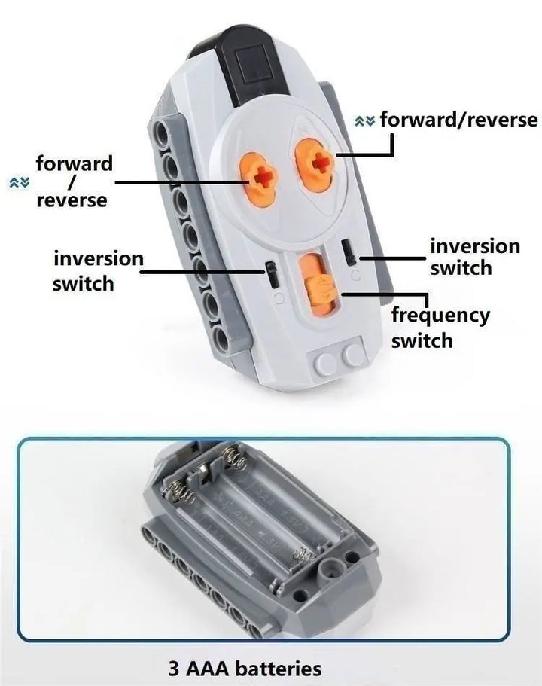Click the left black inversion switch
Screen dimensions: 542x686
(x=273, y=275)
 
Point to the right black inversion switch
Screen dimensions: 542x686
(x=349, y=252)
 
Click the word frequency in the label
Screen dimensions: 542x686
(x=440, y=316)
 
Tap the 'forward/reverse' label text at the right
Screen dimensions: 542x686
(x=458, y=120)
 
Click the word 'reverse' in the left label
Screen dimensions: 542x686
(x=72, y=200)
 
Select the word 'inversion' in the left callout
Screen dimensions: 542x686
(x=99, y=258)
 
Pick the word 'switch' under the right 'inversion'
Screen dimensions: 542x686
(x=461, y=268)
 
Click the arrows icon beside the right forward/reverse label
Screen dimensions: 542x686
(x=365, y=120)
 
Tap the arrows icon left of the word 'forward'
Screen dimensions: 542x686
(x=20, y=182)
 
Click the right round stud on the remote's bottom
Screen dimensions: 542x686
(x=353, y=355)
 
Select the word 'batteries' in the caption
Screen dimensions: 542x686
(x=279, y=669)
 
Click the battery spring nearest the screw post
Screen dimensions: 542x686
(x=303, y=556)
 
